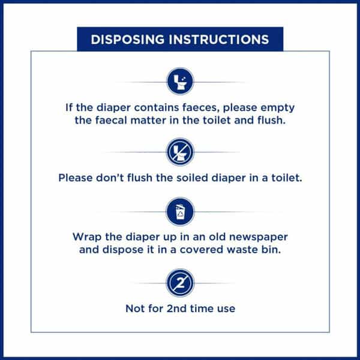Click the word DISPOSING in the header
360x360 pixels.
coord(128,39)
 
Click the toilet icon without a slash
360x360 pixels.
coord(180,81)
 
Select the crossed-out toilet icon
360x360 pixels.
coord(180,152)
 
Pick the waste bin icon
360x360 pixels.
coord(180,212)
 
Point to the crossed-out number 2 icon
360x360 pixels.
coord(180,283)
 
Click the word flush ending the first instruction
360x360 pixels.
coord(272,121)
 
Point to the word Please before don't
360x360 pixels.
coord(76,178)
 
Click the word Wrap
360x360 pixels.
coord(87,237)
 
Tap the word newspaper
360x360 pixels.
coord(259,238)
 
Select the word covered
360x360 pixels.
coord(202,250)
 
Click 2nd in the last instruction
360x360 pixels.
coord(176,308)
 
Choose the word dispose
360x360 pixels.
coord(123,250)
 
